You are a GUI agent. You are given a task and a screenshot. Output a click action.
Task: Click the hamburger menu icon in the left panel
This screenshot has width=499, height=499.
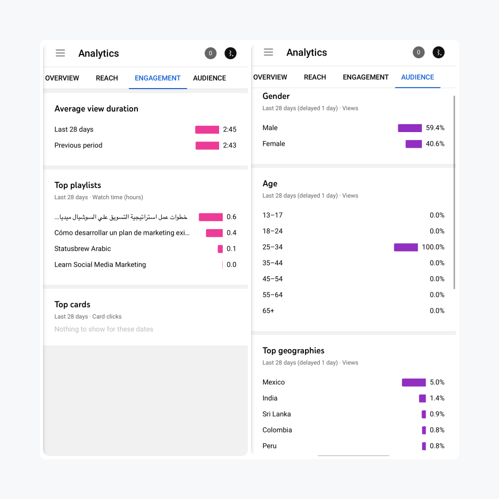pyautogui.click(x=60, y=53)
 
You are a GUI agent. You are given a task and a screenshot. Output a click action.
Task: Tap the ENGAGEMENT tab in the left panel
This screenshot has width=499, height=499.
pyautogui.click(x=157, y=78)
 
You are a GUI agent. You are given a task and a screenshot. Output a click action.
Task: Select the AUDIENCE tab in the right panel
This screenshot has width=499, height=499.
pyautogui.click(x=417, y=77)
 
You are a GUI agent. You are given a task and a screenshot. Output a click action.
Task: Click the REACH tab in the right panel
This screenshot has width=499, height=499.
pyautogui.click(x=315, y=77)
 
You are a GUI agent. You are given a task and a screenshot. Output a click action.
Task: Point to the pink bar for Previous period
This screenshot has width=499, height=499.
pyautogui.click(x=207, y=146)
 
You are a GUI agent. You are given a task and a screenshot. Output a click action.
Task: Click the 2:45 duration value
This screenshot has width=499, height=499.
pyautogui.click(x=230, y=129)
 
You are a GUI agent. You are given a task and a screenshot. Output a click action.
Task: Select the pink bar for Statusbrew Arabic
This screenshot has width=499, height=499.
pyautogui.click(x=220, y=249)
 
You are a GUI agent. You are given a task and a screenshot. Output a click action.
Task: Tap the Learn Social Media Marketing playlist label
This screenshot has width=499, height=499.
pyautogui.click(x=100, y=265)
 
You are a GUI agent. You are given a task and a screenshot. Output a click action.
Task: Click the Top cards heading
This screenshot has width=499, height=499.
pyautogui.click(x=72, y=305)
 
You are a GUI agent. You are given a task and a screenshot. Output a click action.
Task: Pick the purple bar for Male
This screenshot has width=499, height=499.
pyautogui.click(x=409, y=128)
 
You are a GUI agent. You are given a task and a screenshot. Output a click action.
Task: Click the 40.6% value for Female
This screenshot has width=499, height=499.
pyautogui.click(x=435, y=144)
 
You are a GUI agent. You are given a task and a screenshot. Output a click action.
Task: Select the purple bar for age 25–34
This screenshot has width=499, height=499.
pyautogui.click(x=406, y=247)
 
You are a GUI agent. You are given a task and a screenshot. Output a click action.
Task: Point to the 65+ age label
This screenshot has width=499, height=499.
pyautogui.click(x=268, y=311)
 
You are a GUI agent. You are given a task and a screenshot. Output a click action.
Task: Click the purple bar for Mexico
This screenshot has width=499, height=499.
pyautogui.click(x=414, y=383)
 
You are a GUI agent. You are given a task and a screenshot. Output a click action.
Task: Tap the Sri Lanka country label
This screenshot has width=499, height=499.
pyautogui.click(x=277, y=414)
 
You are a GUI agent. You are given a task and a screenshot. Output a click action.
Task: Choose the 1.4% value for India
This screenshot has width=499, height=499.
pyautogui.click(x=437, y=398)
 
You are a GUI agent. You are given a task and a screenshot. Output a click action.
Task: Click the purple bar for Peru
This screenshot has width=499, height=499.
pyautogui.click(x=424, y=446)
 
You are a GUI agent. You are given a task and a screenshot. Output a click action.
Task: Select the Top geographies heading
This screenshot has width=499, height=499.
pyautogui.click(x=294, y=351)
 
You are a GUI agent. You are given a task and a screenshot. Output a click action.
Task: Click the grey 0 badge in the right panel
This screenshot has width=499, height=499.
pyautogui.click(x=418, y=52)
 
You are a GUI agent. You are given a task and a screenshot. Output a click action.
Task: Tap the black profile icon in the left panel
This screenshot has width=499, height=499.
pyautogui.click(x=231, y=53)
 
